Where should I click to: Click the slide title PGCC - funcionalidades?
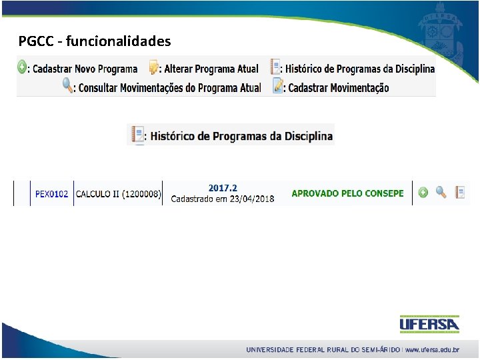point(95,41)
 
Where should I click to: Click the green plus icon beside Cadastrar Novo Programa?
point(22,67)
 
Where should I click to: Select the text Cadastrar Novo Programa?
point(85,69)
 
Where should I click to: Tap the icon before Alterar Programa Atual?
point(154,68)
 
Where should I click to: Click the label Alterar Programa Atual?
point(211,69)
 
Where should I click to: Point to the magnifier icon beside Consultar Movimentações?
point(67,86)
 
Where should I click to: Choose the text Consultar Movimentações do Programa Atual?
point(169,87)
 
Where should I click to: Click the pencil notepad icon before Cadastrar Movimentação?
point(278,87)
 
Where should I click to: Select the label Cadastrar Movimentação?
point(338,87)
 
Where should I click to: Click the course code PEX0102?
point(51,194)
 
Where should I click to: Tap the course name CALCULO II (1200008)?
point(118,194)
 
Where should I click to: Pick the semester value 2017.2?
point(223,188)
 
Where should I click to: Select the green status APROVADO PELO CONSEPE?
point(347,193)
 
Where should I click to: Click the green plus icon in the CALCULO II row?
point(423,193)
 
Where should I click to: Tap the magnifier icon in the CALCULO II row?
point(441,193)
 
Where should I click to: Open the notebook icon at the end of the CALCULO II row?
point(459,193)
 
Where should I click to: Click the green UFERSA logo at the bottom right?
point(429,325)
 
